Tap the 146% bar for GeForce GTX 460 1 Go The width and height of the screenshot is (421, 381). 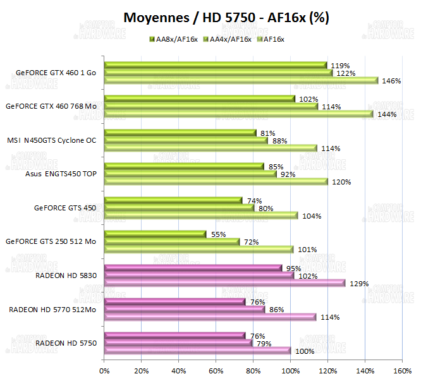(x=241, y=80)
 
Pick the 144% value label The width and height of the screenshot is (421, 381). (x=386, y=114)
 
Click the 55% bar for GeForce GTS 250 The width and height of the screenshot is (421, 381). (x=156, y=234)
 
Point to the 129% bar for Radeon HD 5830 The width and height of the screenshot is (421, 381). (x=225, y=283)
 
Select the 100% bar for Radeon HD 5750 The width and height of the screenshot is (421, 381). (x=198, y=351)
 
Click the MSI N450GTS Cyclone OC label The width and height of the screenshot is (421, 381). (x=52, y=140)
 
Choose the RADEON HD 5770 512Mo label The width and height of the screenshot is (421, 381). (x=52, y=309)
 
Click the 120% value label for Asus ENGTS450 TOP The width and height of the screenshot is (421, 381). (x=341, y=182)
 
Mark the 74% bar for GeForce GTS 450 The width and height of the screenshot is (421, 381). (x=173, y=200)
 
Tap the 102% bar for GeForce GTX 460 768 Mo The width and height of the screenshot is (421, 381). (x=200, y=99)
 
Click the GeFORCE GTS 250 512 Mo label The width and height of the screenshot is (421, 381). (x=51, y=241)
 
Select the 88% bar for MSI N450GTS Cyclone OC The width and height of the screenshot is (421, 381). (x=186, y=140)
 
